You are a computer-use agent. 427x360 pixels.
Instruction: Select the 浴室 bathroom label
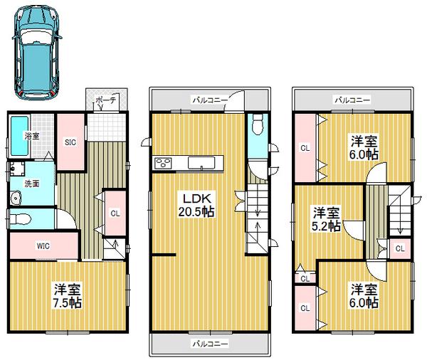tap(32, 135)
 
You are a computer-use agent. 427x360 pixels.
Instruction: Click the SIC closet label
tap(71, 142)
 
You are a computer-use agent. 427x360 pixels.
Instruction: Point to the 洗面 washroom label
tap(32, 183)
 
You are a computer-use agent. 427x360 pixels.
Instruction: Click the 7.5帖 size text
tap(68, 302)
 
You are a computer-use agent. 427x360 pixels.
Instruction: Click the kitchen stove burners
tap(162, 163)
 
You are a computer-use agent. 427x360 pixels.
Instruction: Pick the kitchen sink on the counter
tap(204, 164)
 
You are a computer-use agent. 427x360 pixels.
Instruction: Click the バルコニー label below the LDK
tap(209, 344)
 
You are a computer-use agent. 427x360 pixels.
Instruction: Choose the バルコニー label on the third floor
tap(352, 101)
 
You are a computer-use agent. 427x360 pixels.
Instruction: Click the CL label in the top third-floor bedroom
tap(305, 148)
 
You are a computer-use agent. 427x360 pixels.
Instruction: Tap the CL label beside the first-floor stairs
tap(115, 211)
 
